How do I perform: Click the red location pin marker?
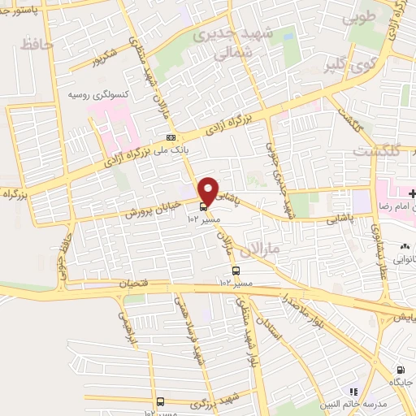[208, 190]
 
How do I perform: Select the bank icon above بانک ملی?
[170, 137]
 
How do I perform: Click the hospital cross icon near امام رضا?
[413, 193]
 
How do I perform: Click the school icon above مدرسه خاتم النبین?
[353, 392]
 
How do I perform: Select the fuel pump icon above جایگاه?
[399, 367]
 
